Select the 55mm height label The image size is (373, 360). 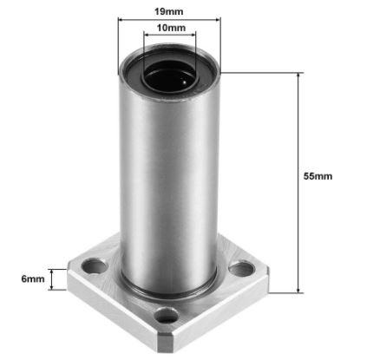317,175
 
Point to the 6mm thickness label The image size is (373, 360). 32,279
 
